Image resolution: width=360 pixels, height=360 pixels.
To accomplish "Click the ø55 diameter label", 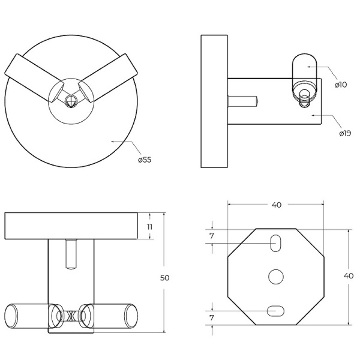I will pos(144,160).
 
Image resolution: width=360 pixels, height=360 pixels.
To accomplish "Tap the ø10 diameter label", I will pos(341,85).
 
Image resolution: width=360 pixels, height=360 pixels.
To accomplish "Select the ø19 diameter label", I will pos(344,133).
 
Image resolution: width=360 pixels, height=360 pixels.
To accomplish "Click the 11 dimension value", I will pos(151,226).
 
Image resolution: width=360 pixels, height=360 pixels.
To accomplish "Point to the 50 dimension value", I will pos(164,278).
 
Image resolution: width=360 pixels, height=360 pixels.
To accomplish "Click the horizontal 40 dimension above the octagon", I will pos(276,205).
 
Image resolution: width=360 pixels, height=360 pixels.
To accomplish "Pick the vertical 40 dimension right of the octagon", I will pos(348,276).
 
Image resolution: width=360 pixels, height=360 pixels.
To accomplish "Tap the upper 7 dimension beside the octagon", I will pos(212,236).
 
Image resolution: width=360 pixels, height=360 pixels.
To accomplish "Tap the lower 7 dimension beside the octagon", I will pos(212,316).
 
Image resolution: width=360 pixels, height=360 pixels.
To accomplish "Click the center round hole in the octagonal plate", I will pos(276,277).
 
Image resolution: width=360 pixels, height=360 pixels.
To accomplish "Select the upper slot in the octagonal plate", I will pos(276,243).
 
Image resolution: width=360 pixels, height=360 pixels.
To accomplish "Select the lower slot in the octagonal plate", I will pos(276,310).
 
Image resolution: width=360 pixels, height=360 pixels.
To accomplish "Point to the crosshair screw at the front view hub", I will pos(71,101).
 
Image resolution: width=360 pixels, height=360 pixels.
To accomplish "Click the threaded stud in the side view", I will pos(244,101).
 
